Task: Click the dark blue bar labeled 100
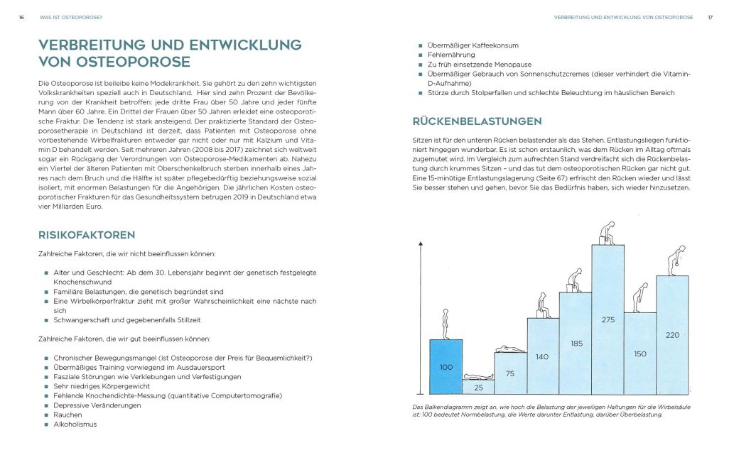pyautogui.click(x=445, y=367)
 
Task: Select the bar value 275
pyautogui.click(x=607, y=320)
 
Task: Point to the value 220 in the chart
pyautogui.click(x=672, y=335)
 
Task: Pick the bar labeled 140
pyautogui.click(x=543, y=356)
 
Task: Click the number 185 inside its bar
pyautogui.click(x=576, y=344)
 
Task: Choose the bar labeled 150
pyautogui.click(x=639, y=354)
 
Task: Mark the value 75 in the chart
pyautogui.click(x=510, y=373)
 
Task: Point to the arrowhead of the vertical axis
pyautogui.click(x=421, y=245)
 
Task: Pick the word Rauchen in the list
pyautogui.click(x=67, y=415)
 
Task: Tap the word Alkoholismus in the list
pyautogui.click(x=75, y=425)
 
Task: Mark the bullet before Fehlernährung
pyautogui.click(x=421, y=55)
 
